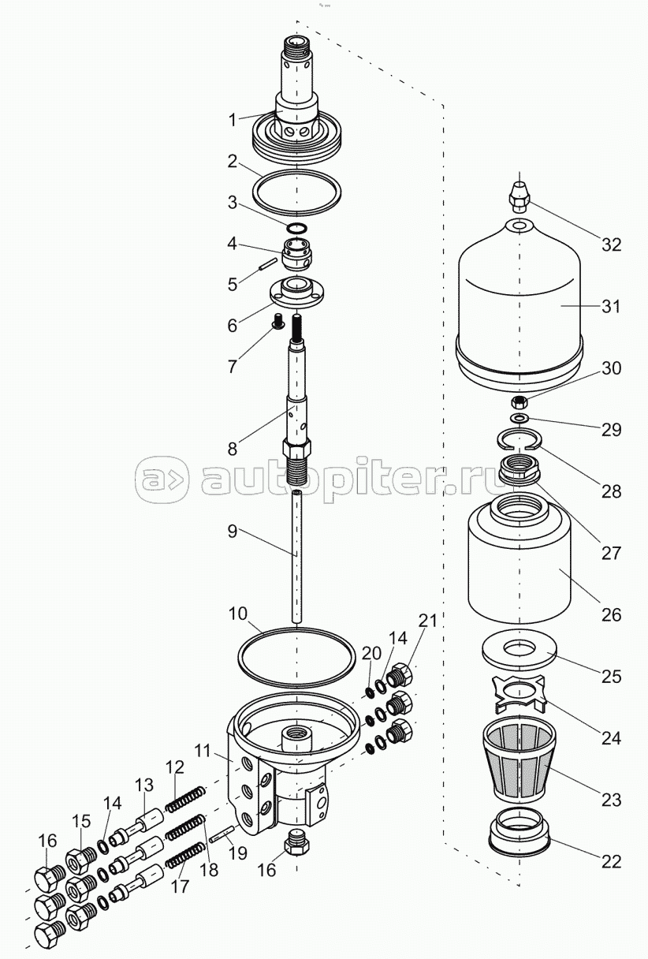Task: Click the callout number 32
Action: click(x=611, y=245)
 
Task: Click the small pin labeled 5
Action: click(x=266, y=263)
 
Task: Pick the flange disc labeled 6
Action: click(x=296, y=293)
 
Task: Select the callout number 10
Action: click(x=238, y=614)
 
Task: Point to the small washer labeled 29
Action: click(x=519, y=417)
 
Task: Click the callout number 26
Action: click(x=611, y=615)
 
